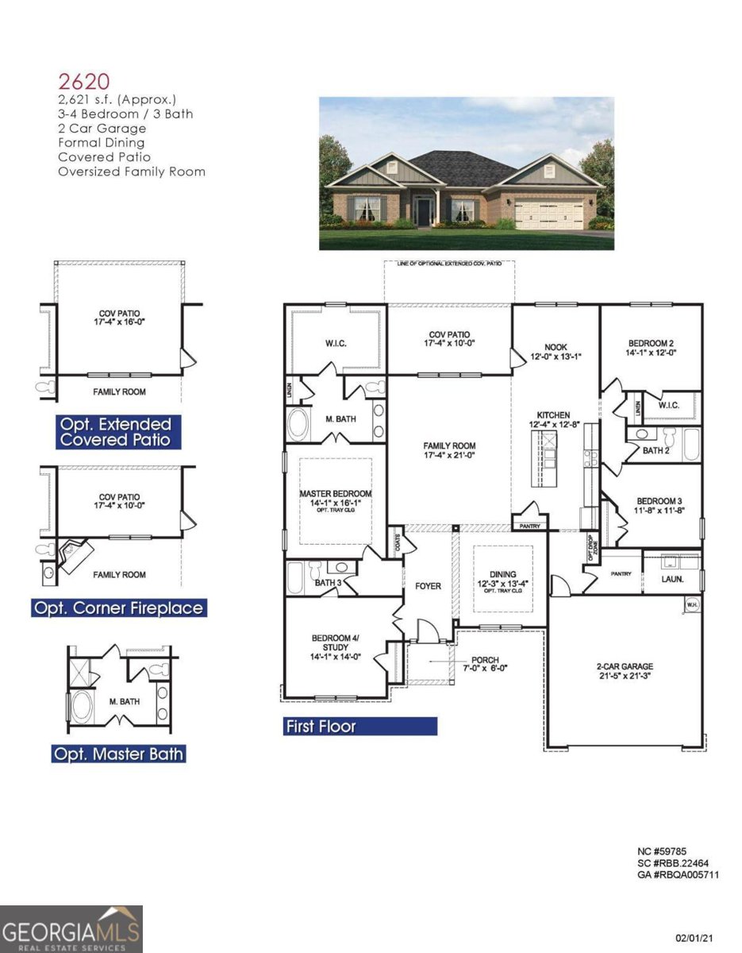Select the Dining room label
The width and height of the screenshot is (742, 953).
click(x=502, y=579)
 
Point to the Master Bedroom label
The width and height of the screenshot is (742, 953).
click(x=335, y=498)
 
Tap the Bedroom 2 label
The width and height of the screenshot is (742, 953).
click(x=651, y=348)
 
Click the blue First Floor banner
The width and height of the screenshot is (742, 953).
click(x=359, y=726)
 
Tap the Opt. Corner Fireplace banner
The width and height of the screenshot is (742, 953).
click(x=118, y=608)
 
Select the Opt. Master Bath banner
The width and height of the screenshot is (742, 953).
click(x=118, y=753)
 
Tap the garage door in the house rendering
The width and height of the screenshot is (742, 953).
click(x=549, y=214)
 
